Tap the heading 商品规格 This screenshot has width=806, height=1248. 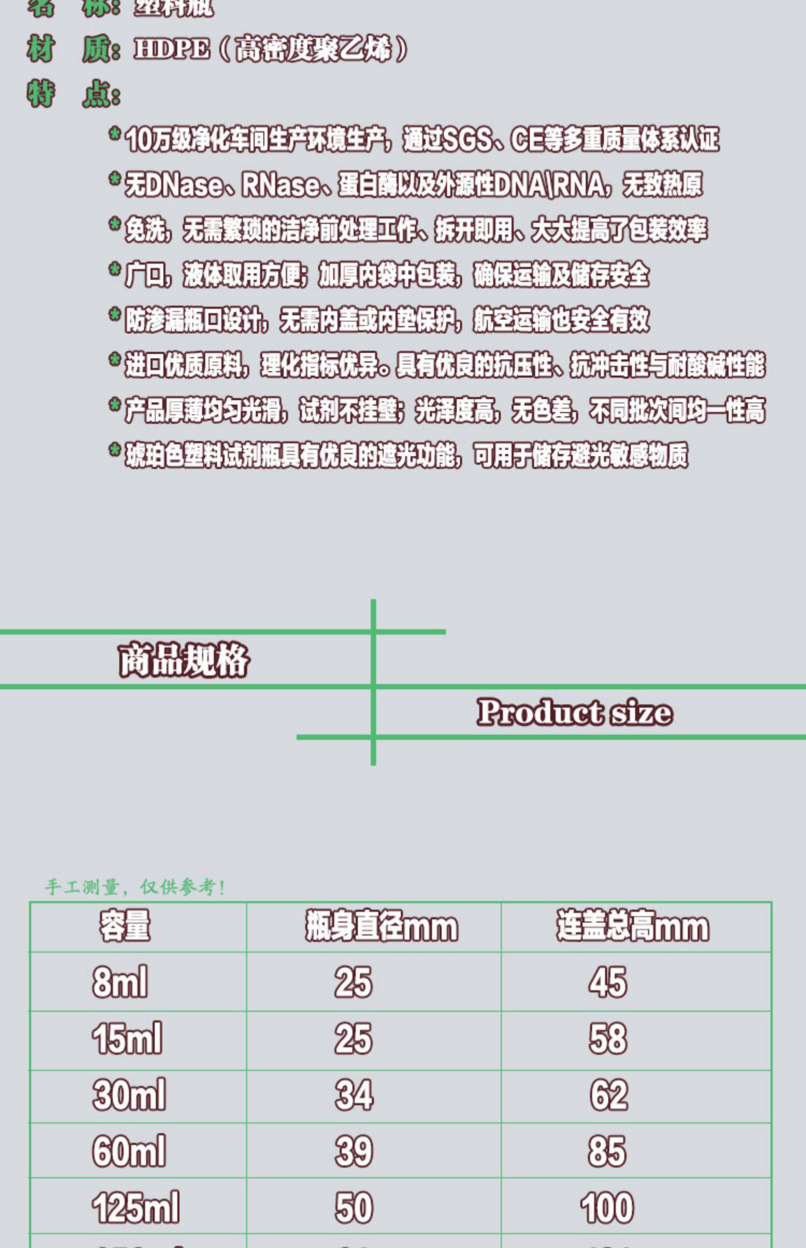tap(184, 660)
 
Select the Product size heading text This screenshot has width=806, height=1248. tap(574, 713)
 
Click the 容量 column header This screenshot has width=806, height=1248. tap(125, 926)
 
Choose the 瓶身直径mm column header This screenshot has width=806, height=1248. tap(381, 926)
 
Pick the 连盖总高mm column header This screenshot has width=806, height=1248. tap(632, 926)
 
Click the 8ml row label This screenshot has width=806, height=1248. tap(120, 982)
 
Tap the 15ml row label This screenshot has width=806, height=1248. tap(127, 1038)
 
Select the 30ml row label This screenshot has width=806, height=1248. tap(129, 1095)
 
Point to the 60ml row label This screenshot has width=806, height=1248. tap(129, 1151)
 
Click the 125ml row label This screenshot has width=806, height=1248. tap(135, 1207)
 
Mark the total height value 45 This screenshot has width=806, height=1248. tap(608, 982)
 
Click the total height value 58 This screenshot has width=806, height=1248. tap(608, 1038)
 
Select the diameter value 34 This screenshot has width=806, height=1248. tap(354, 1095)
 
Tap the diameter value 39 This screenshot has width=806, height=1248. tap(354, 1151)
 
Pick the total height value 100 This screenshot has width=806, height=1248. tap(607, 1207)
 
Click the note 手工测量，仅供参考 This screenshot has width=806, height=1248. tap(135, 887)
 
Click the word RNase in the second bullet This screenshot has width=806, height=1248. tap(280, 185)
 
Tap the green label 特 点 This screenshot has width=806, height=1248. tap(74, 94)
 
